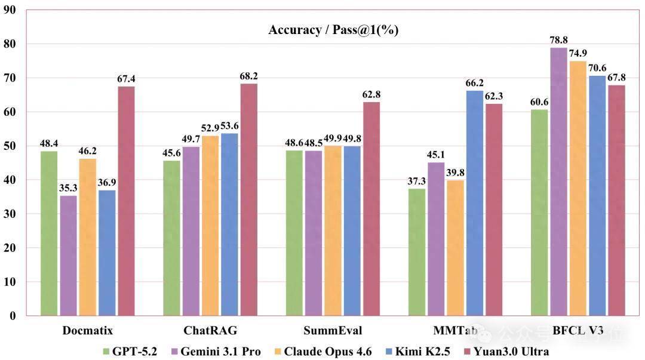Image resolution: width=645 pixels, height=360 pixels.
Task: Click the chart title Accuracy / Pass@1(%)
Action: point(333,30)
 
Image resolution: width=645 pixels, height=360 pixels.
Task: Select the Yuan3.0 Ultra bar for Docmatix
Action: point(126,201)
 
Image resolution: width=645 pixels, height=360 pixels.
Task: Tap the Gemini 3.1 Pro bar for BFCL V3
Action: point(558,181)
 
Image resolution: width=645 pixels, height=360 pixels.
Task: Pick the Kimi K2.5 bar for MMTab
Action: point(475,203)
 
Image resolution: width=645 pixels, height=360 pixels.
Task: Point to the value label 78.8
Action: point(558,39)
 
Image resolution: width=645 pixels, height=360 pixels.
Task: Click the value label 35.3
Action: point(68,188)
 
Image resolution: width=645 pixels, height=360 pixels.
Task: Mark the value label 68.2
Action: point(249,76)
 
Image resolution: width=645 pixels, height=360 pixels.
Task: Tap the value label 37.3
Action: point(417,181)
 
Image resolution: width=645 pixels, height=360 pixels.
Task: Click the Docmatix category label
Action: point(88,330)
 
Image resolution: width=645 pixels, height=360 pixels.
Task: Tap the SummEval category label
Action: point(333,330)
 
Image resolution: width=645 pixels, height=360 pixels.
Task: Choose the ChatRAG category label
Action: point(210,330)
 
